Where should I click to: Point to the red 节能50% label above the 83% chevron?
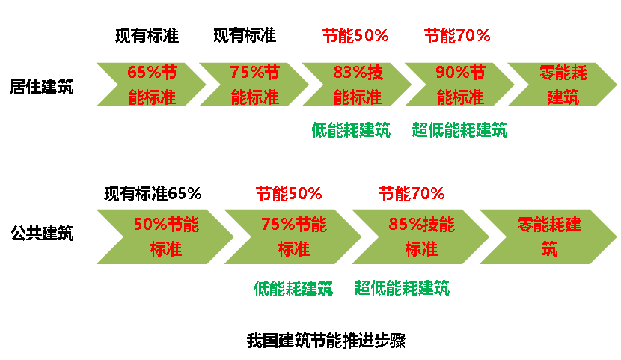pos(355,35)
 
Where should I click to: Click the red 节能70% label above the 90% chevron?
pos(457,35)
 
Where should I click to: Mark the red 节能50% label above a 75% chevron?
pos(289,194)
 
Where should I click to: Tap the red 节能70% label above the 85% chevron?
pos(412,194)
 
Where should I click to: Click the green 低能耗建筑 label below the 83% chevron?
pos(351,130)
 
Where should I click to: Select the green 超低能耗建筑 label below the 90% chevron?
pos(459,130)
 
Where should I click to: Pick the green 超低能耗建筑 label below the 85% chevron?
pos(402,288)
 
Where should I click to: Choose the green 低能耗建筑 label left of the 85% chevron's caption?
pos(293,288)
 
